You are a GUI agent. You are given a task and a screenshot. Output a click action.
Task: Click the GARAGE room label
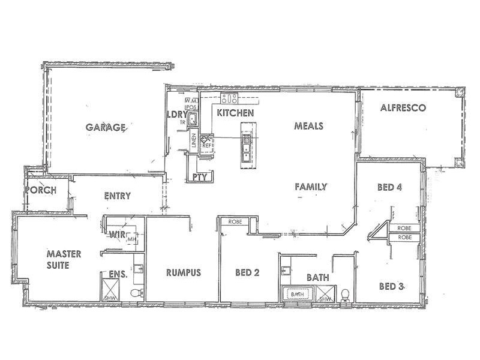pyautogui.click(x=105, y=127)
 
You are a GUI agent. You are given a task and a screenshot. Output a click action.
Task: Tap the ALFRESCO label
pyautogui.click(x=403, y=109)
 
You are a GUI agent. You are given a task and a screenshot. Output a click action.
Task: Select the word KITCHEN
pyautogui.click(x=235, y=113)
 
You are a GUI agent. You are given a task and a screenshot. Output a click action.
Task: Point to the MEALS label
pyautogui.click(x=309, y=126)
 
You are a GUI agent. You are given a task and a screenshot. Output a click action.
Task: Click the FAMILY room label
pyautogui.click(x=310, y=187)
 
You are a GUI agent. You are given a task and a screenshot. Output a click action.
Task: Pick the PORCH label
pyautogui.click(x=41, y=190)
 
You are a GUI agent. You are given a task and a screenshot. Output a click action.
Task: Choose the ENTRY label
pyautogui.click(x=117, y=196)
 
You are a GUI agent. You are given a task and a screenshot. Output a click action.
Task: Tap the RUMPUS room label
pyautogui.click(x=183, y=272)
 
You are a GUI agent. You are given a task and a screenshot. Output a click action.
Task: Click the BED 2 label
pyautogui.click(x=247, y=272)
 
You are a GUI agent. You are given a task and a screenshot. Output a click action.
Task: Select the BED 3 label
pyautogui.click(x=391, y=286)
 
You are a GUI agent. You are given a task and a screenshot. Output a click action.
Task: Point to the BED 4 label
pyautogui.click(x=389, y=187)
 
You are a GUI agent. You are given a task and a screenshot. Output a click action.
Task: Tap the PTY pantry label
pyautogui.click(x=199, y=177)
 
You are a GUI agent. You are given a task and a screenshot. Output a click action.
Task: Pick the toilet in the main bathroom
pyautogui.click(x=346, y=294)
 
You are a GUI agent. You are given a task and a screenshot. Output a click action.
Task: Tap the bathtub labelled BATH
pyautogui.click(x=297, y=295)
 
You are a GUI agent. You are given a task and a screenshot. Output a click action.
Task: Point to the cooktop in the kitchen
pyautogui.click(x=229, y=98)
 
